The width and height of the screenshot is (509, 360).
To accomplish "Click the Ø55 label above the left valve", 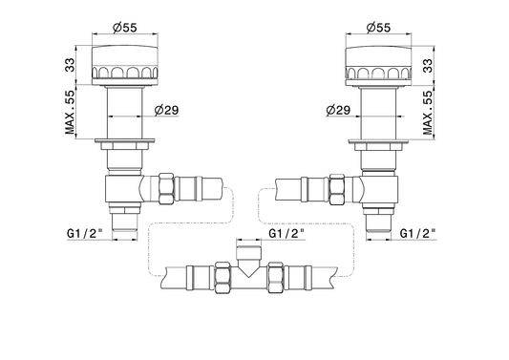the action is (x=125, y=28).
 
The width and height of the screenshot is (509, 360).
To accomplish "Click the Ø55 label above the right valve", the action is (x=378, y=28).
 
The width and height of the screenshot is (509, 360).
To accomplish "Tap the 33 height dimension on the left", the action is (x=70, y=65).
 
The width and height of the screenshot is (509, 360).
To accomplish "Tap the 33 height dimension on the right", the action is (x=428, y=66).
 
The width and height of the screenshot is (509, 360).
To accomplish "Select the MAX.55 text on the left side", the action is (x=70, y=112).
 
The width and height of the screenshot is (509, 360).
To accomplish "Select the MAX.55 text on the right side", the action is (x=428, y=113).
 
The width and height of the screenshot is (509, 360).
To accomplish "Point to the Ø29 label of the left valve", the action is (x=166, y=110).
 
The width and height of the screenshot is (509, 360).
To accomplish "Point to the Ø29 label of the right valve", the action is (x=338, y=110).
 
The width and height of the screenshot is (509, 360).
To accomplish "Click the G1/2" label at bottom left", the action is (x=85, y=233).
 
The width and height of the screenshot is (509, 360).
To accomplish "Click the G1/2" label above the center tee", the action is (x=286, y=233).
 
